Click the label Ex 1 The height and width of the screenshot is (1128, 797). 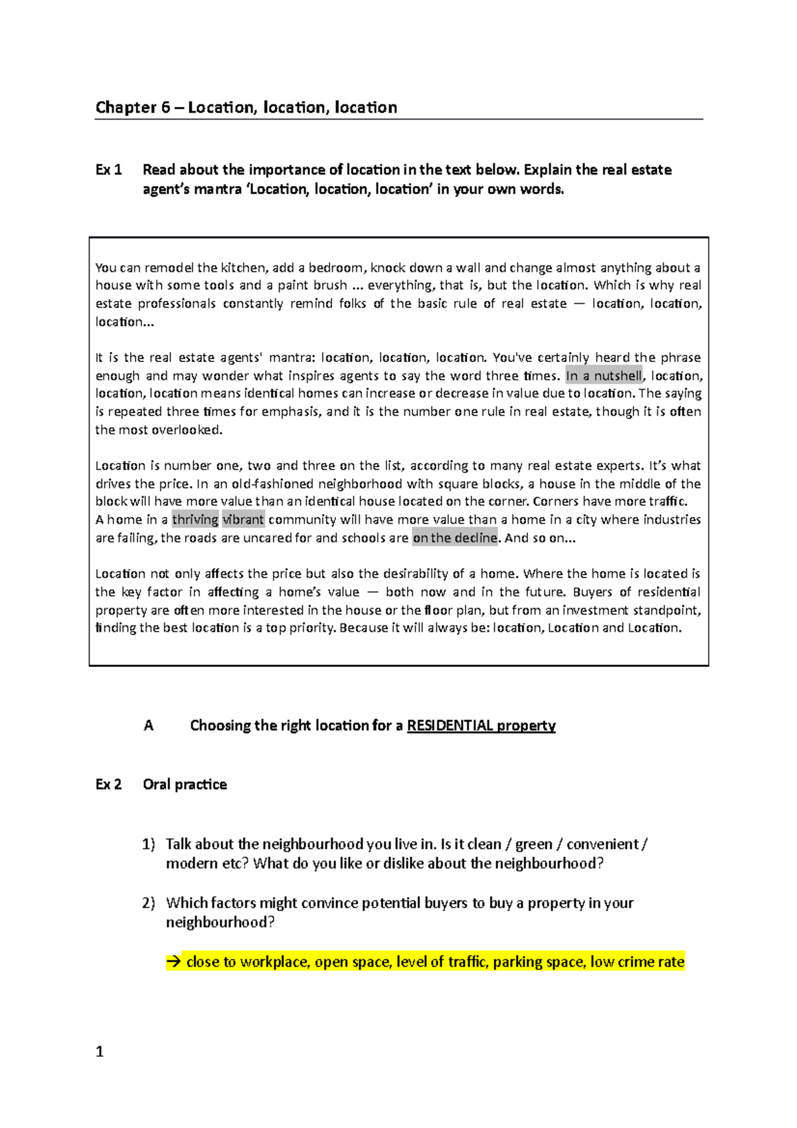[x=108, y=170]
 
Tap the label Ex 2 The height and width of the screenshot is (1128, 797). [x=108, y=785]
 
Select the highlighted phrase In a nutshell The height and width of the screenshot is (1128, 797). [x=604, y=376]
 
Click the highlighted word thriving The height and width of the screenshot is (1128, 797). [x=195, y=519]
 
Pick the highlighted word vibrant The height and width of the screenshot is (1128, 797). [x=243, y=519]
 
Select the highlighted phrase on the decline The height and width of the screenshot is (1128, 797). [x=454, y=538]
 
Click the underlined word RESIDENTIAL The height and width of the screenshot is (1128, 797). [x=450, y=725]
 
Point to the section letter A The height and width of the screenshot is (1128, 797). [x=148, y=725]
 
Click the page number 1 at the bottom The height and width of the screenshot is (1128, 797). [x=100, y=1052]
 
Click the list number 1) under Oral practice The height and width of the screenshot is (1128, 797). [x=148, y=844]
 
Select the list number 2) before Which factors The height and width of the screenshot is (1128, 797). [x=148, y=903]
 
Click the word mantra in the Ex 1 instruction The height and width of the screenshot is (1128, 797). [x=218, y=190]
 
